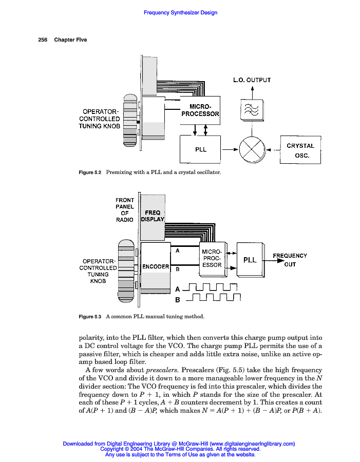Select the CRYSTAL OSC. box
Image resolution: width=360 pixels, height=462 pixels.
pyautogui.click(x=300, y=149)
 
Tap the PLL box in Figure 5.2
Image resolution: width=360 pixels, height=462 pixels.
pyautogui.click(x=200, y=149)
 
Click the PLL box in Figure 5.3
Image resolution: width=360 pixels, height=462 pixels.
pyautogui.click(x=250, y=260)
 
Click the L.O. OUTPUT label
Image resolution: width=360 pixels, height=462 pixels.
pyautogui.click(x=252, y=80)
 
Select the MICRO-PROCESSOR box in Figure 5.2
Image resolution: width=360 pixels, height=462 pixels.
pyautogui.click(x=200, y=110)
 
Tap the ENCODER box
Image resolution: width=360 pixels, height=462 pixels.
pyautogui.click(x=156, y=266)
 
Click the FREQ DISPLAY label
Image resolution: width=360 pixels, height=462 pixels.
pyautogui.click(x=153, y=216)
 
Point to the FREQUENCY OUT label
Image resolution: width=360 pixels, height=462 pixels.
pyautogui.click(x=290, y=260)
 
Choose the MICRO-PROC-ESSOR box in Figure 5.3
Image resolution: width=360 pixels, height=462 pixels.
pyautogui.click(x=212, y=258)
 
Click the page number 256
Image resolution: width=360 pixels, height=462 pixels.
pyautogui.click(x=43, y=40)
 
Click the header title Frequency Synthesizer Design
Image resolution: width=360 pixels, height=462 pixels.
pyautogui.click(x=180, y=13)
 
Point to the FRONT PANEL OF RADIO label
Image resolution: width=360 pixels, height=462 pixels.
pyautogui.click(x=124, y=209)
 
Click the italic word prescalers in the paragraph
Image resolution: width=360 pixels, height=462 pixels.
pyautogui.click(x=162, y=370)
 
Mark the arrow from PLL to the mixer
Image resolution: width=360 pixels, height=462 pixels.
pyautogui.click(x=230, y=149)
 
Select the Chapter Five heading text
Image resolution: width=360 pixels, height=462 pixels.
pyautogui.click(x=70, y=40)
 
